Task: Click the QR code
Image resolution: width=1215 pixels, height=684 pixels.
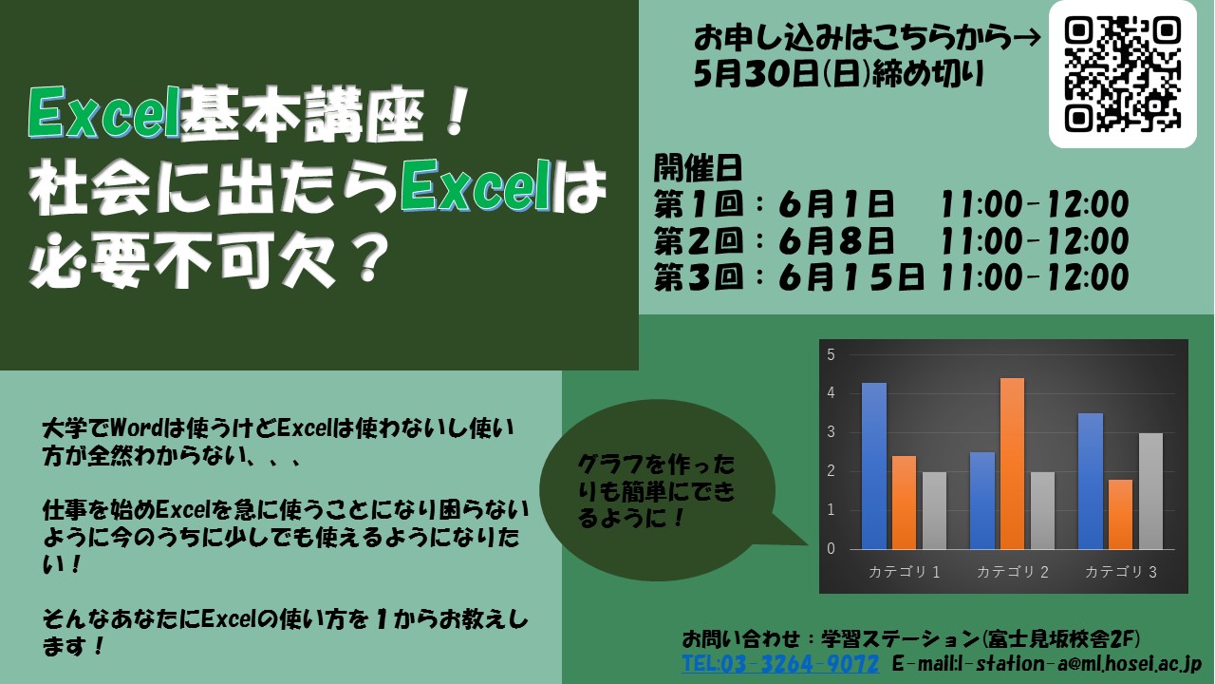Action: (1122, 74)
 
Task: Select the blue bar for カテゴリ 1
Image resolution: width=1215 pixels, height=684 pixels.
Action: (874, 465)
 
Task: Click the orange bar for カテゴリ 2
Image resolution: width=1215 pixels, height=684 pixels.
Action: (1012, 464)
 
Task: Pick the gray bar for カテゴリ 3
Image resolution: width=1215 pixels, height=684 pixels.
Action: (1150, 491)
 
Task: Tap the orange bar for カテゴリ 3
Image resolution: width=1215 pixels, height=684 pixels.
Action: (1120, 515)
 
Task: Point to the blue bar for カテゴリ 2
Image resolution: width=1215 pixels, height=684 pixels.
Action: (982, 501)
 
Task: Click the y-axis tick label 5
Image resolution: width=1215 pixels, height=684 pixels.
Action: (831, 355)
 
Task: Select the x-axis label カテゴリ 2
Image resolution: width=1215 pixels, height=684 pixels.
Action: (1012, 572)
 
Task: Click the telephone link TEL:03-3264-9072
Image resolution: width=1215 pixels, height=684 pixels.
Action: (780, 663)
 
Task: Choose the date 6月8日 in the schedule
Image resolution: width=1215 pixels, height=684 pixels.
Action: (836, 240)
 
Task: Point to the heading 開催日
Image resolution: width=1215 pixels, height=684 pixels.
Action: (698, 168)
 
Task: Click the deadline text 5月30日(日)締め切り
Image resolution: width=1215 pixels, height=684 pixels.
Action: (838, 74)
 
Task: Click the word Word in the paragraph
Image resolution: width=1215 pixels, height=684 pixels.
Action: (136, 429)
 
